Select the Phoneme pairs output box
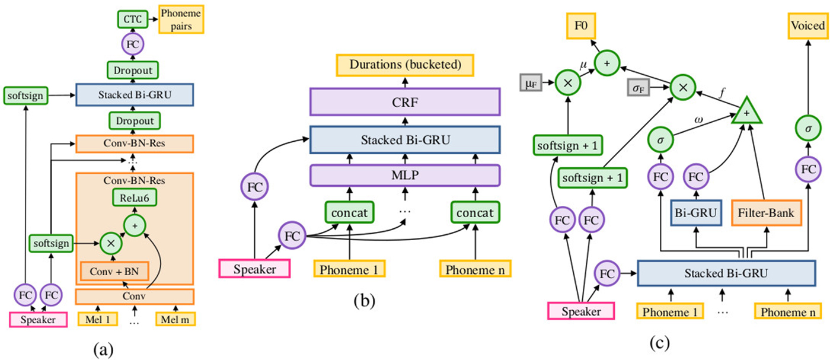click(180, 20)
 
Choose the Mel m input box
click(175, 319)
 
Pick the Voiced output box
click(807, 25)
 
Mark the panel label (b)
click(364, 301)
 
